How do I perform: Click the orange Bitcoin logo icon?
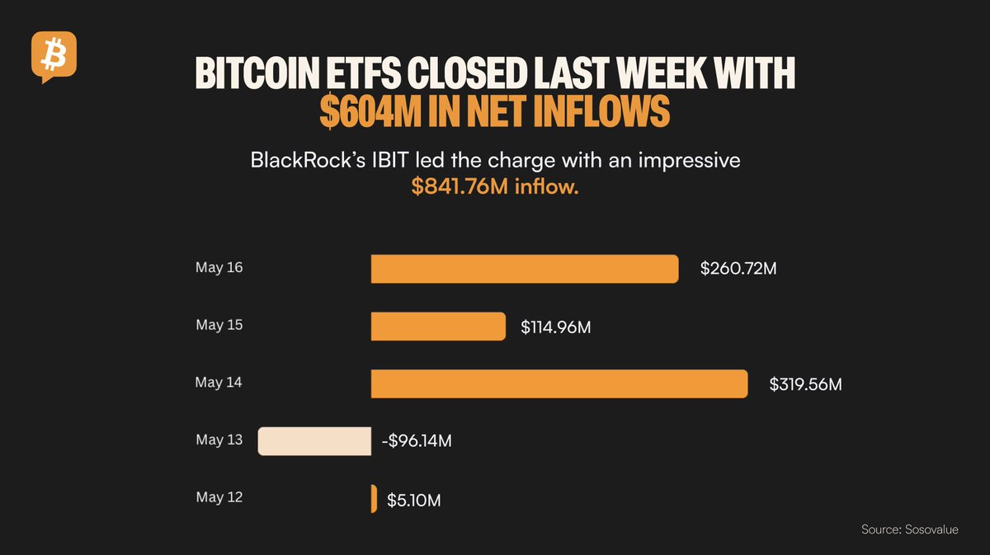tap(54, 55)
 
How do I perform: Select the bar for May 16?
tap(525, 269)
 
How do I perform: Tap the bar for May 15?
tap(438, 327)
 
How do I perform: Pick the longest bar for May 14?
tap(559, 384)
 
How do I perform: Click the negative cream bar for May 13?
tap(314, 441)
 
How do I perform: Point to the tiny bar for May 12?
tap(374, 499)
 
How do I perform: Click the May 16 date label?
tap(219, 268)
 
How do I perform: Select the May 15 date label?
tap(219, 325)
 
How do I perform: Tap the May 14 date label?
tap(219, 383)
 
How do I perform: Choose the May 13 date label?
tap(219, 440)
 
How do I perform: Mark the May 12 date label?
tap(219, 497)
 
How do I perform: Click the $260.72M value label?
tap(738, 269)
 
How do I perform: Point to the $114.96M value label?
tap(555, 327)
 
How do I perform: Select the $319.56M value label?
tap(805, 384)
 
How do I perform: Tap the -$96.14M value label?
tap(416, 441)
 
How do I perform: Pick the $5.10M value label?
tap(411, 500)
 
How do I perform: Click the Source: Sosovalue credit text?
tap(910, 529)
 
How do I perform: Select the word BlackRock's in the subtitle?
tap(302, 161)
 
